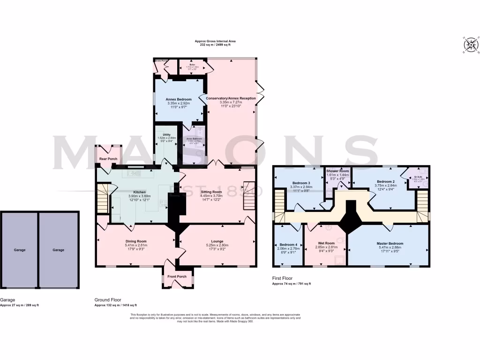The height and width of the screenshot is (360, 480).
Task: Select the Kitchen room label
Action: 140,192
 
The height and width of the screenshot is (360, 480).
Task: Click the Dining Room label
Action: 136,241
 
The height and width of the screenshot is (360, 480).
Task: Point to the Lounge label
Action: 217,241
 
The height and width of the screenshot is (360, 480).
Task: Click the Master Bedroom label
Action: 390,244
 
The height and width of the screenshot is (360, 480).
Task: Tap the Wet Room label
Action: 325,243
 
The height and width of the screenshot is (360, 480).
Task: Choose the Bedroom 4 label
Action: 289,245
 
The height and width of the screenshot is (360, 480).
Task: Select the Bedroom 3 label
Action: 301,183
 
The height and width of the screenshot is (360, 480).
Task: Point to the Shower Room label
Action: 338,172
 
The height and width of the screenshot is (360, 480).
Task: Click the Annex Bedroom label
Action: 177,99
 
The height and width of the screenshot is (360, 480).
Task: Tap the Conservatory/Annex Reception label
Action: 231,98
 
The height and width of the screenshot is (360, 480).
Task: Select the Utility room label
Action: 166,135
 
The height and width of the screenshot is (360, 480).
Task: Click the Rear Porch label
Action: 108,159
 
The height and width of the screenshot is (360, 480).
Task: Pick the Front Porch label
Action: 177,277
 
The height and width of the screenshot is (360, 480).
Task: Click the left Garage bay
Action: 19,250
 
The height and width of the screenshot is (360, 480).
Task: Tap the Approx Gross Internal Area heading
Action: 216,41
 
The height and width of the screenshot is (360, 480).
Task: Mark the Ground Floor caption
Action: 108,300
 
